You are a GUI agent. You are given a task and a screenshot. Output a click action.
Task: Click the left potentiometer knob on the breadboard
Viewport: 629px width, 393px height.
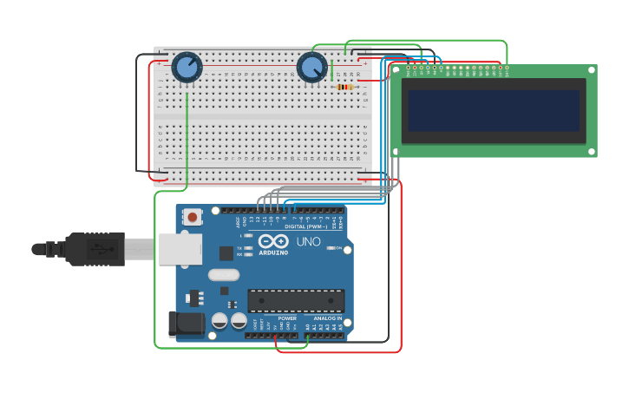pos(187,67)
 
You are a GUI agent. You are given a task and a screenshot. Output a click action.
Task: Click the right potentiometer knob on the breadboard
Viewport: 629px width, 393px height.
pos(312,68)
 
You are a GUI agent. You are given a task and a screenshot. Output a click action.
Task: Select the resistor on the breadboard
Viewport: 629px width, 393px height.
pos(344,87)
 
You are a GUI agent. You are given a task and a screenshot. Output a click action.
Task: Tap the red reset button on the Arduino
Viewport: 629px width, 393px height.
pos(192,215)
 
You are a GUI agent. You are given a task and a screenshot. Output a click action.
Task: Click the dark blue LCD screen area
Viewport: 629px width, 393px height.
pos(493,110)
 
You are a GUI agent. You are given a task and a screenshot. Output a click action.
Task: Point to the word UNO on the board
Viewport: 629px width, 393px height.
pos(309,241)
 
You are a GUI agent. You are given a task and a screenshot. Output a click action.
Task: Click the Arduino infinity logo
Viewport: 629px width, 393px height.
pos(272,242)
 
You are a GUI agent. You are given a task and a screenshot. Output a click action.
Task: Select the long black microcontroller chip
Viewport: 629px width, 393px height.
pos(296,301)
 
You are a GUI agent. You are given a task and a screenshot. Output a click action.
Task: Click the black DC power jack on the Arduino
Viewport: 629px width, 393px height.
pos(186,324)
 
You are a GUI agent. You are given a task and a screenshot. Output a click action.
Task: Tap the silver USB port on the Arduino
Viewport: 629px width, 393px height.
pos(180,249)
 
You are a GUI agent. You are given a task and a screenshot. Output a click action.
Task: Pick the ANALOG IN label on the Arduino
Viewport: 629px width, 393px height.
pos(327,318)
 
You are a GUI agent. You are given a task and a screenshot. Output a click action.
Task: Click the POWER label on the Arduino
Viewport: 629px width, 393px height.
pos(287,318)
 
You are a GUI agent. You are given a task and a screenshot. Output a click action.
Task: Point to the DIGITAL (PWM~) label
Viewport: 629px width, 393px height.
pos(301,226)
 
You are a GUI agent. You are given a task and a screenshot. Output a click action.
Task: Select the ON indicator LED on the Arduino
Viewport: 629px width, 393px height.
pos(330,247)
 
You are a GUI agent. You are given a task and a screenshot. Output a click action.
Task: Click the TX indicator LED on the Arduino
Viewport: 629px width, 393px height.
pos(249,247)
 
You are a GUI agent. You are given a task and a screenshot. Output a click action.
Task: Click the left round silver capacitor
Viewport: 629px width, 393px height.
pos(219,321)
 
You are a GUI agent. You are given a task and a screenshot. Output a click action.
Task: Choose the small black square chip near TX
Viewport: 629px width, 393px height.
pos(226,252)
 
